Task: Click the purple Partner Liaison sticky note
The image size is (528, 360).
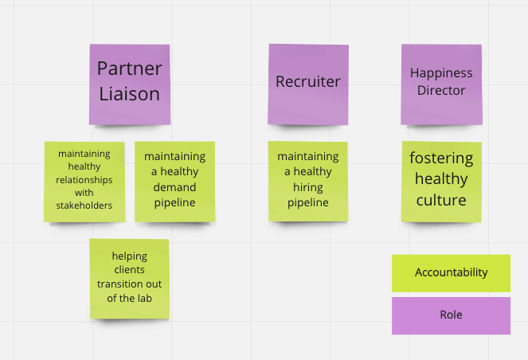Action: [x=129, y=84]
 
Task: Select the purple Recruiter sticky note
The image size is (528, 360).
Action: [x=307, y=84]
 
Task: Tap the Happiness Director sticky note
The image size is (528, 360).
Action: [x=441, y=84]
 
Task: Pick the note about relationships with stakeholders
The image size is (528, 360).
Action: [x=84, y=181]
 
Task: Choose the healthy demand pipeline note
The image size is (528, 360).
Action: [x=174, y=181]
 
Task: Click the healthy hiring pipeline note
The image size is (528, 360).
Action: [x=307, y=181]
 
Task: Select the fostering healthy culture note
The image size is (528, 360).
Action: [x=441, y=181]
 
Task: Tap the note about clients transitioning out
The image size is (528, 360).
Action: [x=129, y=278]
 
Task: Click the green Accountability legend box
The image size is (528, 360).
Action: [x=451, y=272]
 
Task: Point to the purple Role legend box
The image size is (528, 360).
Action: [x=451, y=315]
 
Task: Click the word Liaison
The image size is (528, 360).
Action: [x=129, y=94]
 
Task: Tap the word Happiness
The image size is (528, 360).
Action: [x=441, y=73]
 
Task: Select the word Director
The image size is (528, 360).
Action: [x=441, y=91]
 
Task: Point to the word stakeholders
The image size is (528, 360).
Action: [x=84, y=205]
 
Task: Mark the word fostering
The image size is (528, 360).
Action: [x=441, y=158]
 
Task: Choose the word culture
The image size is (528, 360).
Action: [x=441, y=200]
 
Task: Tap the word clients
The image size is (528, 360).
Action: [x=129, y=270]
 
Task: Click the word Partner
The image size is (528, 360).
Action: [x=129, y=68]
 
